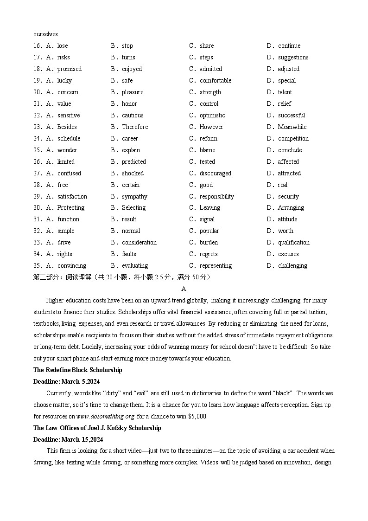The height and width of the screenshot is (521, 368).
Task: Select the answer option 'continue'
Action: pyautogui.click(x=289, y=46)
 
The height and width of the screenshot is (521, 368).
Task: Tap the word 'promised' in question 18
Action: pyautogui.click(x=69, y=69)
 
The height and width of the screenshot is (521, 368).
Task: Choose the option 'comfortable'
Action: pyautogui.click(x=216, y=81)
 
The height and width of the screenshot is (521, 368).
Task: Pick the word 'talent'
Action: pyautogui.click(x=285, y=92)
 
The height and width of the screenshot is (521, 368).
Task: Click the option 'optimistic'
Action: pyautogui.click(x=212, y=116)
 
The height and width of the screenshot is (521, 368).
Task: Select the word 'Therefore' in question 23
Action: pyautogui.click(x=135, y=127)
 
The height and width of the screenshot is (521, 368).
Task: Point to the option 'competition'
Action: pyautogui.click(x=293, y=139)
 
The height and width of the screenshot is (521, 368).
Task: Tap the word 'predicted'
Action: pyautogui.click(x=134, y=162)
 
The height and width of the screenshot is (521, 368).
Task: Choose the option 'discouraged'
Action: pyautogui.click(x=216, y=174)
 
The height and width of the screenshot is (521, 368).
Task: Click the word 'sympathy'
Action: pyautogui.click(x=134, y=197)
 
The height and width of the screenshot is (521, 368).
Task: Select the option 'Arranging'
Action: pyautogui.click(x=291, y=208)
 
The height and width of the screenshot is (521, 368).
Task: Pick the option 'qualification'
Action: pyautogui.click(x=294, y=243)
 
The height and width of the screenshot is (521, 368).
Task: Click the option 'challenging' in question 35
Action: pyautogui.click(x=293, y=266)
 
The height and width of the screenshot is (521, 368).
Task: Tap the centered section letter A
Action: pyautogui.click(x=184, y=289)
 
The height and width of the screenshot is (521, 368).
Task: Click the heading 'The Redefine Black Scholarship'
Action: pyautogui.click(x=78, y=370)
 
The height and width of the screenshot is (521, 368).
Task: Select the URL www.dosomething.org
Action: pyautogui.click(x=105, y=417)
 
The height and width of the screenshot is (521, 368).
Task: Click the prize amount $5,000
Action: pyautogui.click(x=197, y=417)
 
